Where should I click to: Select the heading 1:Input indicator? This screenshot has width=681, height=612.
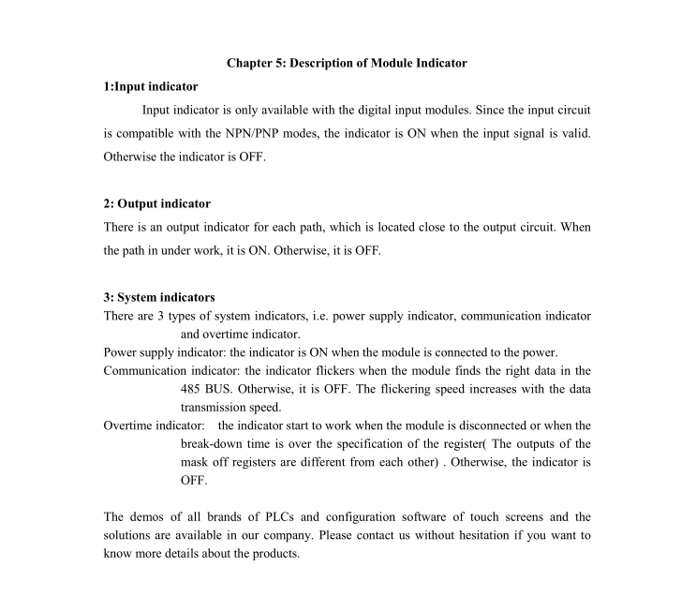[x=151, y=87]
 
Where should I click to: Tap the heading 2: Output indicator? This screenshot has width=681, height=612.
[x=157, y=203]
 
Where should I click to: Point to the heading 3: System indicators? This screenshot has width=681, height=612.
[x=159, y=298]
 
